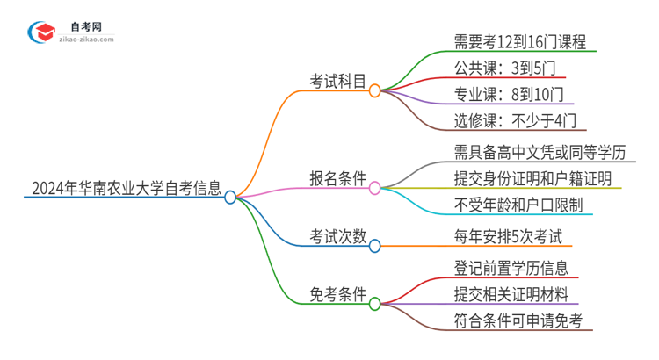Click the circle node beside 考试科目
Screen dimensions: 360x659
tap(374, 91)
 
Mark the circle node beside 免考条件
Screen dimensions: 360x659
tap(374, 304)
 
